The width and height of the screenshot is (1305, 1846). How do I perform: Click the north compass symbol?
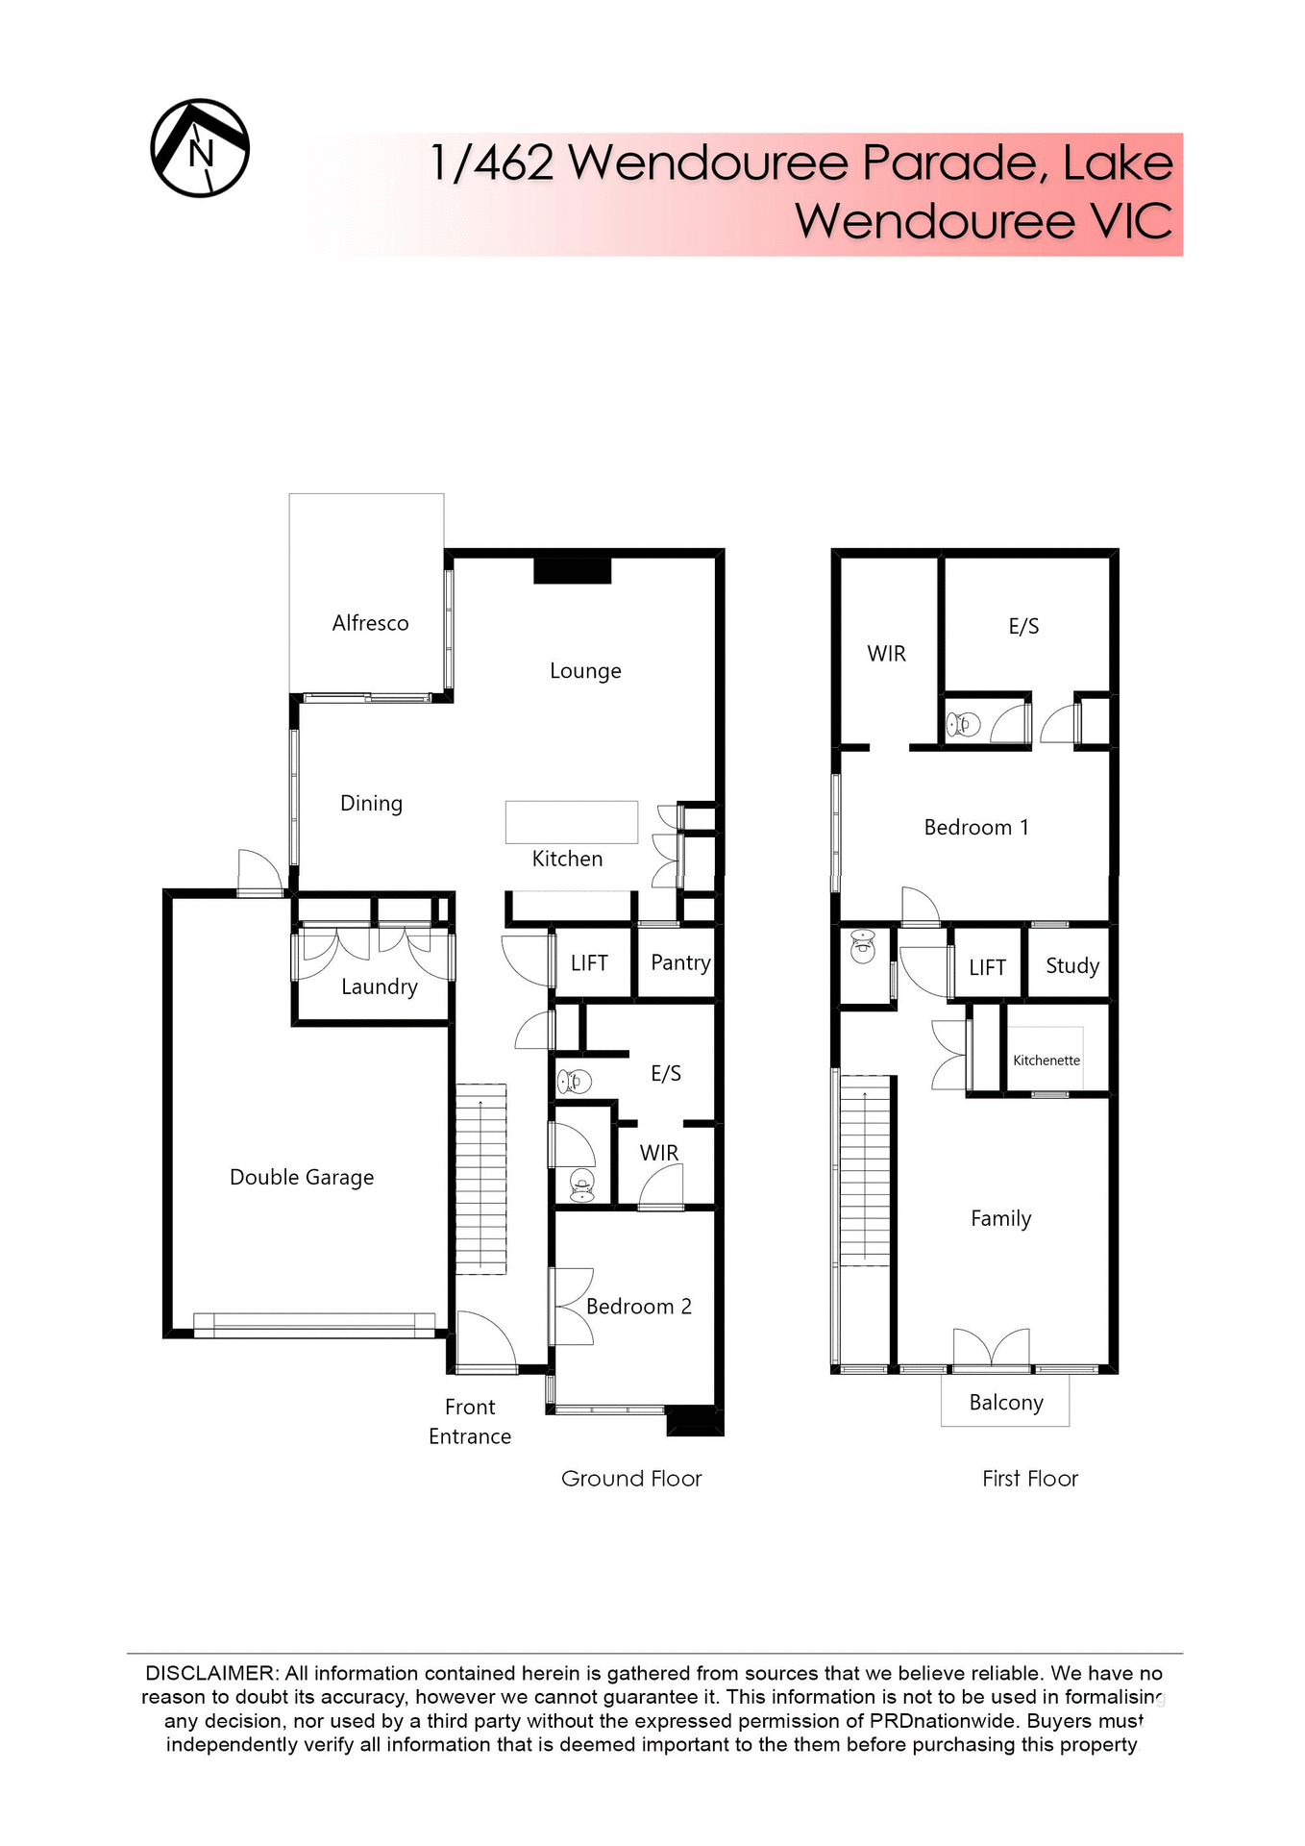click(200, 148)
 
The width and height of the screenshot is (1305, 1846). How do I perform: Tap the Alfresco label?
click(370, 623)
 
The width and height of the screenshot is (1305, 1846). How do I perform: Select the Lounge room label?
click(585, 671)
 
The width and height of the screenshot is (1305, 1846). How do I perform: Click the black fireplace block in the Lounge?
click(573, 571)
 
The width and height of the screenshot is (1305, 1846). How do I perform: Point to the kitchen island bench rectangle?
click(572, 822)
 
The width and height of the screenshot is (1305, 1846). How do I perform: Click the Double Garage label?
click(302, 1178)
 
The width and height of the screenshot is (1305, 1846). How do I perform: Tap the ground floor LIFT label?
click(589, 963)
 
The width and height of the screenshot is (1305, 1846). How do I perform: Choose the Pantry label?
click(680, 962)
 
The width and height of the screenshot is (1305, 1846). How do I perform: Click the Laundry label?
click(380, 987)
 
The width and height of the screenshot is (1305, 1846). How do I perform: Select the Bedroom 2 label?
click(639, 1307)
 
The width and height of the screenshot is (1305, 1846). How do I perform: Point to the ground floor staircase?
click(480, 1179)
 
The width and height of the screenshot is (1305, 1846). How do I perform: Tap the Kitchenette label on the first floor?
click(1046, 1060)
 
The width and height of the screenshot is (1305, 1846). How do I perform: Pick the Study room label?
click(1072, 966)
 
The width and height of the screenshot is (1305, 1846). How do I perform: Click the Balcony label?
click(1006, 1403)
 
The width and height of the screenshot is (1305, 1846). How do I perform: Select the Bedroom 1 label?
click(976, 828)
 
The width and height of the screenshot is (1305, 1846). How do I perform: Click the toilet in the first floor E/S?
click(963, 723)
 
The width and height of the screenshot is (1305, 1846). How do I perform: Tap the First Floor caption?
click(1030, 1479)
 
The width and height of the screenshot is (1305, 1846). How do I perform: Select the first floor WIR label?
click(886, 654)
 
